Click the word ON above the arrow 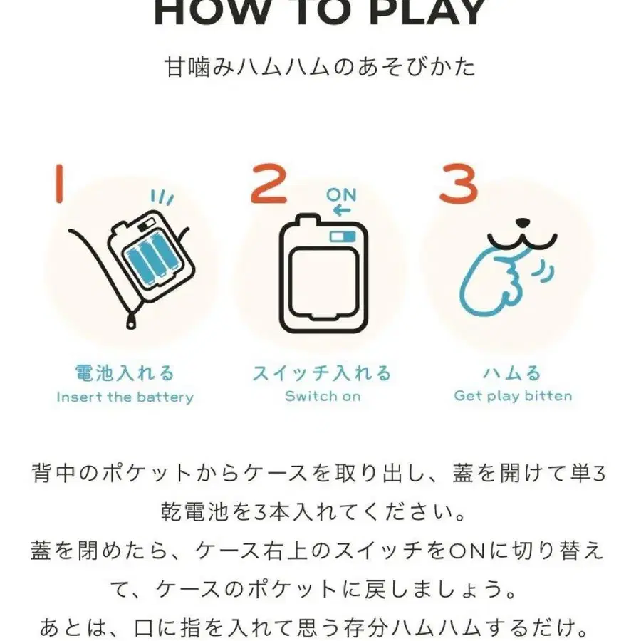[x=341, y=194]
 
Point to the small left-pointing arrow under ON [x=341, y=209]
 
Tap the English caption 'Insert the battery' [x=125, y=397]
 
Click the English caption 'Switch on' [x=323, y=396]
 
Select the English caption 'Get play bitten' [x=513, y=395]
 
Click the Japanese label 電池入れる [x=125, y=372]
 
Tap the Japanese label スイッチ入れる [x=322, y=372]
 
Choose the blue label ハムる [x=512, y=372]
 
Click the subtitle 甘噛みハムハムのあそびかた [x=320, y=68]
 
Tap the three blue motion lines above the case [x=162, y=196]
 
